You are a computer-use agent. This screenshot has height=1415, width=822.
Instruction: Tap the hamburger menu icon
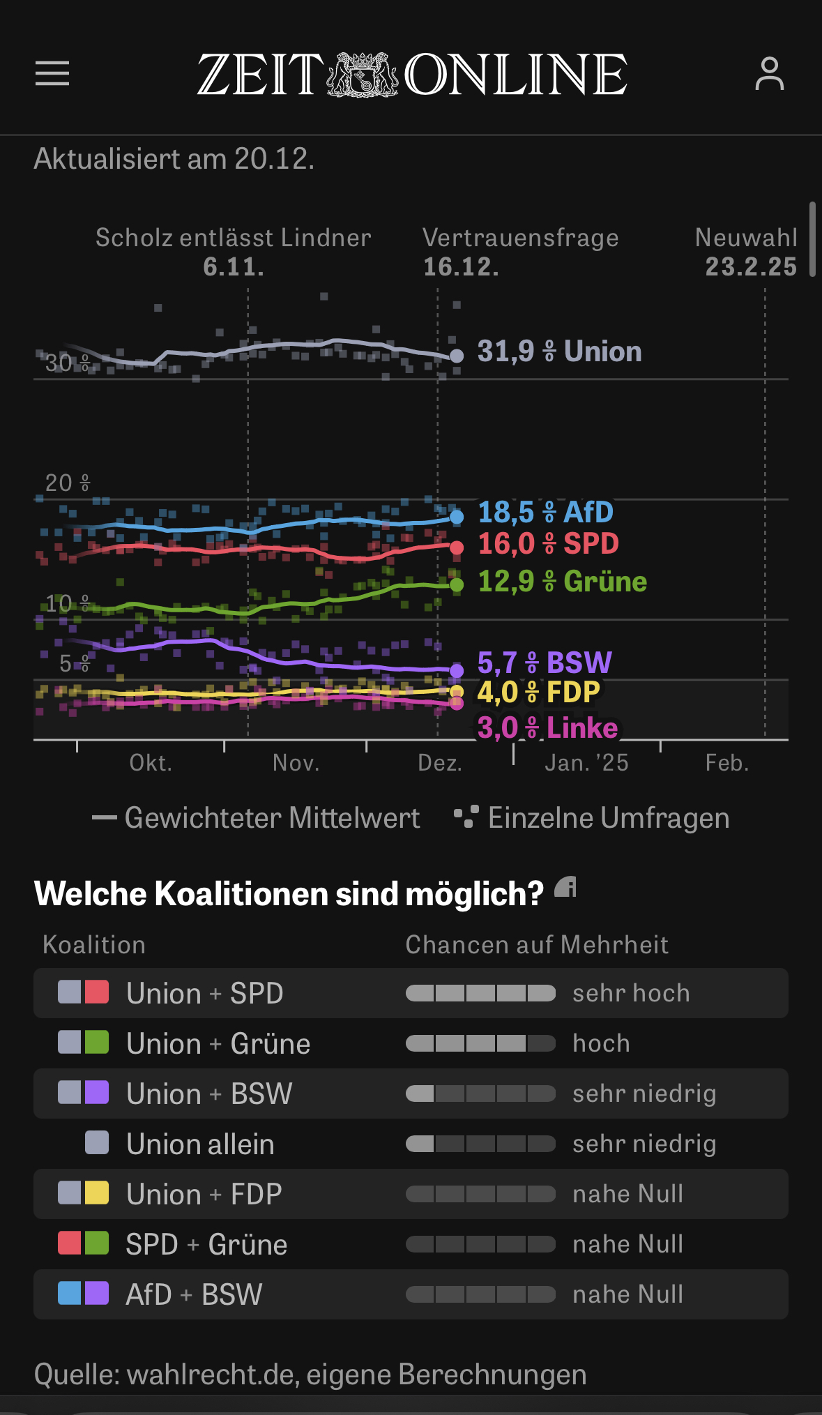tap(52, 73)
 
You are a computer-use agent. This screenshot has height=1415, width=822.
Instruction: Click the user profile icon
tap(769, 74)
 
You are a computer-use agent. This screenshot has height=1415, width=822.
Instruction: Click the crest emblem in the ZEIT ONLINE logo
tap(363, 74)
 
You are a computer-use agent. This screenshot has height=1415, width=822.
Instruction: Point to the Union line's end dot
tap(457, 356)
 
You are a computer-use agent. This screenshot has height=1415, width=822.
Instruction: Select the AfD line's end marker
tap(457, 517)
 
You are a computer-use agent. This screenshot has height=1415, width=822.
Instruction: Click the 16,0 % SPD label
tap(548, 544)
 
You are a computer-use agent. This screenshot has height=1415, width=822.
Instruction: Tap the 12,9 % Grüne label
tap(562, 582)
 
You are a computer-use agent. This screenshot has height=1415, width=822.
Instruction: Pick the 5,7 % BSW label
tap(544, 663)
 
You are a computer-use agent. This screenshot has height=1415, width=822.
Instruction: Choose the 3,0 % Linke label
tap(547, 728)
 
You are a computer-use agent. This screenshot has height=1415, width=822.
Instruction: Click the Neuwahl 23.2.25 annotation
tap(747, 252)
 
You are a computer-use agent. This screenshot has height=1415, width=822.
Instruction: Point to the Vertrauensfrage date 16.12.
tap(461, 267)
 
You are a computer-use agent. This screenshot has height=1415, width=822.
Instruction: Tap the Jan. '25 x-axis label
tap(586, 763)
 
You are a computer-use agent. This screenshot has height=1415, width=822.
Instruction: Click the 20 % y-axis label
tap(67, 483)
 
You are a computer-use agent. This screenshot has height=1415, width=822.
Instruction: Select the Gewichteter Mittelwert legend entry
tap(256, 818)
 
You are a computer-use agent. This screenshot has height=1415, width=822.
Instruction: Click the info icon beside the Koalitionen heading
tap(565, 888)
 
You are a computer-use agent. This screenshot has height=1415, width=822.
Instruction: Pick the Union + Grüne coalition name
tap(218, 1044)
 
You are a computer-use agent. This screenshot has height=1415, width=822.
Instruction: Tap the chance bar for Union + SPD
tap(480, 993)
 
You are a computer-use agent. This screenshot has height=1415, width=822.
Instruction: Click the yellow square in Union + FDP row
tap(97, 1193)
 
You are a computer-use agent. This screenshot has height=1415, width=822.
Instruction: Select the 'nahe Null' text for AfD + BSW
tap(627, 1294)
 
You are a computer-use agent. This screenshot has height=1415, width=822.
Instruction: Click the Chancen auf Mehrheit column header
tap(537, 945)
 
